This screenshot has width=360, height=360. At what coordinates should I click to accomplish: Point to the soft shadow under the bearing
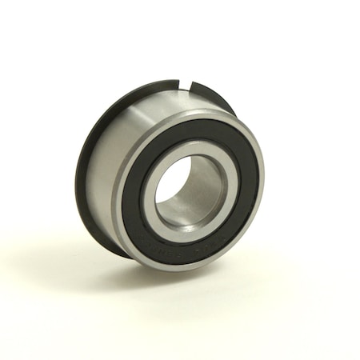[120, 276]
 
